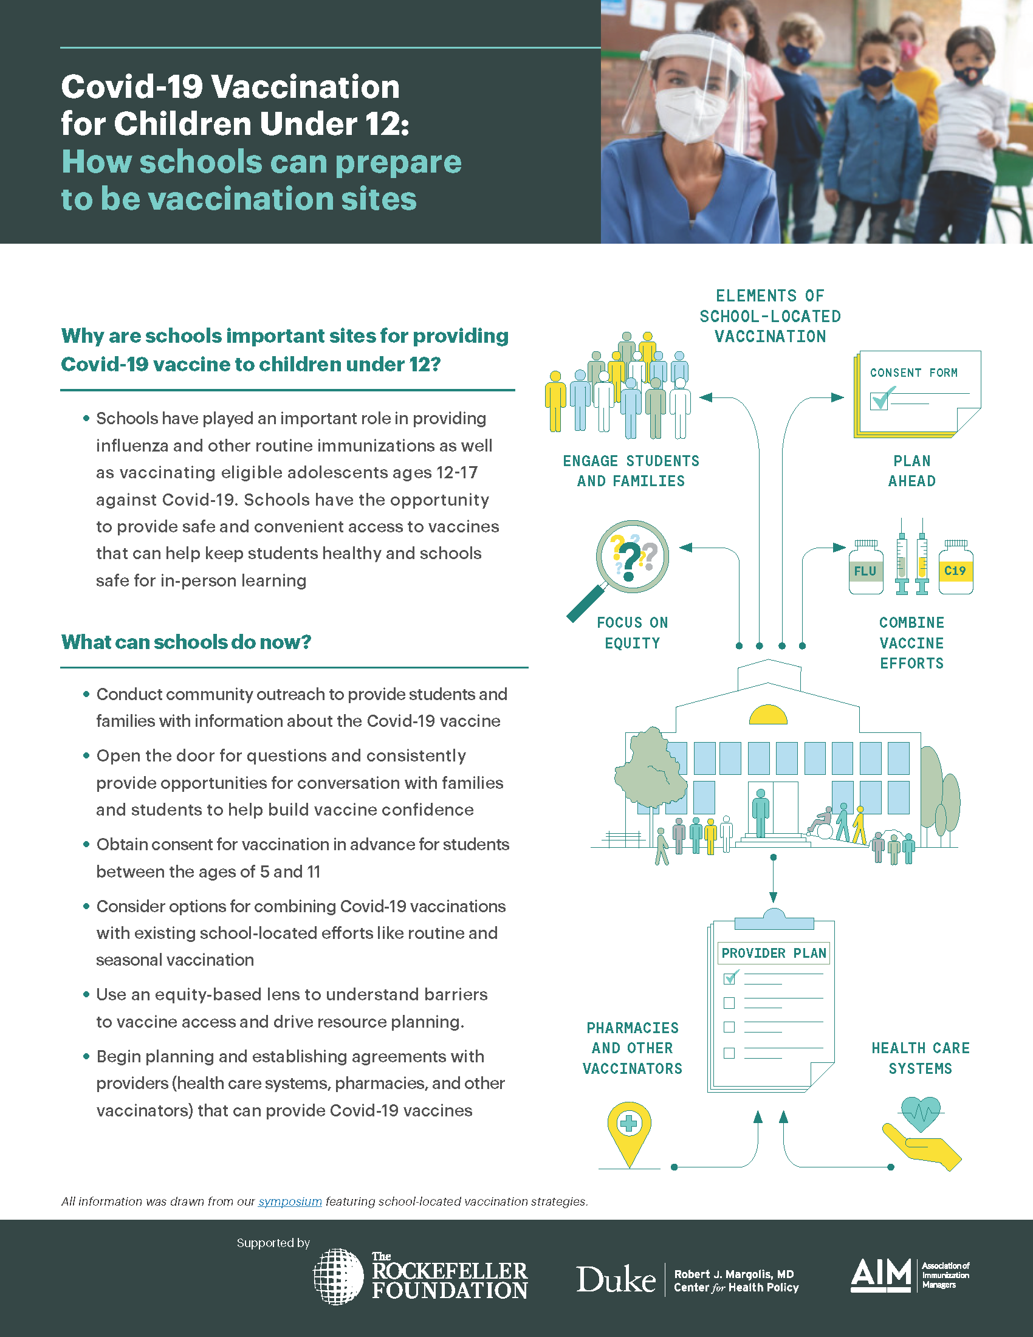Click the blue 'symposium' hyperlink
coord(289,1201)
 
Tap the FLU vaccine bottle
coord(865,568)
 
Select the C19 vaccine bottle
coord(955,568)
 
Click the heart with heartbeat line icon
coord(921,1113)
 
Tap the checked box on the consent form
coord(879,400)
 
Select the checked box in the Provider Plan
coord(729,978)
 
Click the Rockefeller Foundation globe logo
coord(338,1276)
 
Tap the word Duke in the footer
coord(616,1279)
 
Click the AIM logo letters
coord(880,1274)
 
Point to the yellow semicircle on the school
coord(768,715)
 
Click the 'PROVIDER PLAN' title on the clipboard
coord(774,953)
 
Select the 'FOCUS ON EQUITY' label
coord(632,633)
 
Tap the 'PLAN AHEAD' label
coord(912,471)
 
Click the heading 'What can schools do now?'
coord(186,642)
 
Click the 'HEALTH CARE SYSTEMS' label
coord(921,1058)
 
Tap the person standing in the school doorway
coord(760,813)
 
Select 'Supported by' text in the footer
coord(273,1243)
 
